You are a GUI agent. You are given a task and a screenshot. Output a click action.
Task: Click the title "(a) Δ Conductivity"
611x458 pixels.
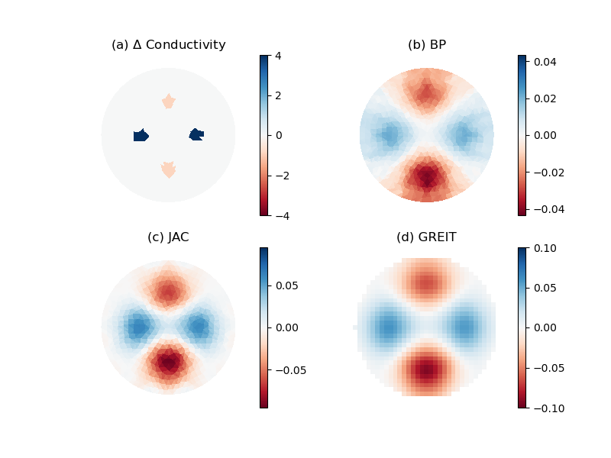[x=168, y=45]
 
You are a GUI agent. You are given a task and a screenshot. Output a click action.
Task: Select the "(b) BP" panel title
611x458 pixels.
[x=426, y=45]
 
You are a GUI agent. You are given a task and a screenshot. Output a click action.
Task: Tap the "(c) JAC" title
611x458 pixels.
[x=168, y=237]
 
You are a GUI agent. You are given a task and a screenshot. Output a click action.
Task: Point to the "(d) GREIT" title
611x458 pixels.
[x=426, y=237]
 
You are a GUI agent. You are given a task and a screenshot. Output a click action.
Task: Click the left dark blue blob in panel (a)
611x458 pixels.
[x=141, y=136]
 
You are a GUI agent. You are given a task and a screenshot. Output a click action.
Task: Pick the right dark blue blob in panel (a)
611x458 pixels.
[x=196, y=135]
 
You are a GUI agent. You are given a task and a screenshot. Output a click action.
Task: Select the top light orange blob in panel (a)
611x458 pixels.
[x=169, y=101]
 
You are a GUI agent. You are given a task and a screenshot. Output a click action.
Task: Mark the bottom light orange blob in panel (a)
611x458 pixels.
[x=169, y=169]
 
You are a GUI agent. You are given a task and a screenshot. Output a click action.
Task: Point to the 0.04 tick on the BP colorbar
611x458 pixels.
[x=545, y=61]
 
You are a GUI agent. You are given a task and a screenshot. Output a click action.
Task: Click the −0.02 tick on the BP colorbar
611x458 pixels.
[x=548, y=173]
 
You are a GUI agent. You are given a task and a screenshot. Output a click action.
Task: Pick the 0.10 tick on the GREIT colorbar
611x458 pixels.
[x=545, y=247]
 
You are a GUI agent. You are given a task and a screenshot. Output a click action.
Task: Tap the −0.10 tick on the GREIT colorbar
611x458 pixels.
[x=548, y=408]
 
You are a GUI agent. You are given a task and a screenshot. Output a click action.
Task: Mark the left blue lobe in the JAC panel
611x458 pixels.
[x=137, y=327]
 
